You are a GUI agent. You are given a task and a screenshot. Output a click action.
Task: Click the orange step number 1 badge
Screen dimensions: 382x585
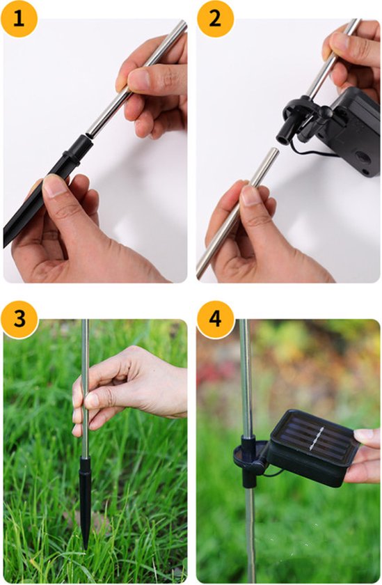click(19, 19)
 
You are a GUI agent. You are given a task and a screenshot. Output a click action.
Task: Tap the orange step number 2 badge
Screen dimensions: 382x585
click(215, 19)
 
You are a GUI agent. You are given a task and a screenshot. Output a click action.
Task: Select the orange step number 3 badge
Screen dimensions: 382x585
click(19, 319)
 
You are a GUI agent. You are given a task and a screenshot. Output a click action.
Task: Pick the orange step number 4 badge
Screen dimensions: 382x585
click(215, 319)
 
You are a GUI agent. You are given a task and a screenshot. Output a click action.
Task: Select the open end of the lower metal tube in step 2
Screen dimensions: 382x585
click(273, 152)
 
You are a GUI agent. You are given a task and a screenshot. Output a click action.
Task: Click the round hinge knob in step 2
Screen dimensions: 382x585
click(325, 111)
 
